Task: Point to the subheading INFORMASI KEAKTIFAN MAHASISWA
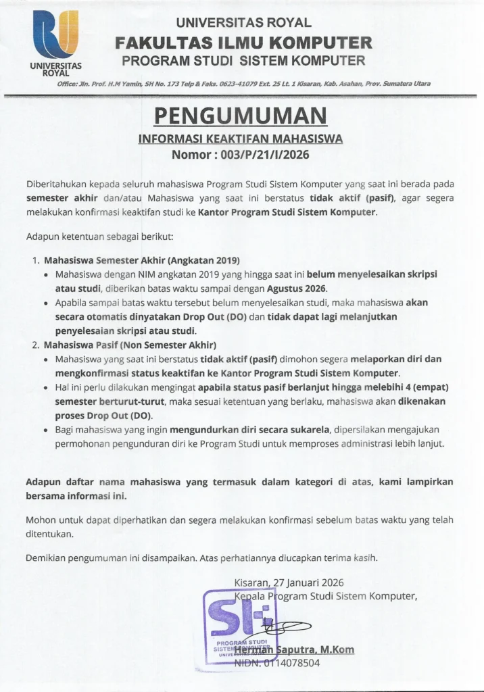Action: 241,139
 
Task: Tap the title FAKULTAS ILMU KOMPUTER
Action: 243,43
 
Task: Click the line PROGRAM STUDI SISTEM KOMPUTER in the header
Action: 243,61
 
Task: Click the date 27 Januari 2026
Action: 308,582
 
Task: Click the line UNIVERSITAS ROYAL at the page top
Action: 244,23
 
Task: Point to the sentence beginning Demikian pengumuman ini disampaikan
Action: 201,558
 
